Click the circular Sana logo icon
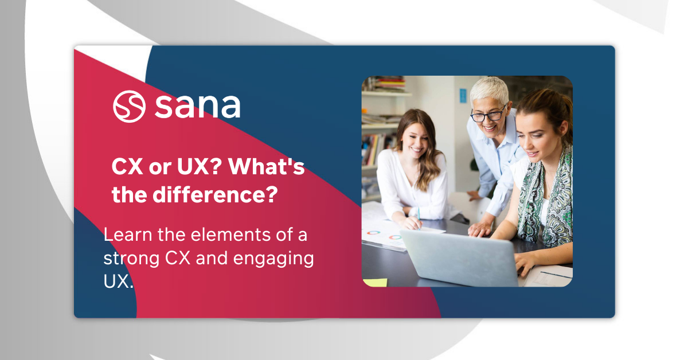point(129,106)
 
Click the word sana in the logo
point(197,106)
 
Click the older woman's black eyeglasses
point(488,115)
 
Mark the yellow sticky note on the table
point(376,281)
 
